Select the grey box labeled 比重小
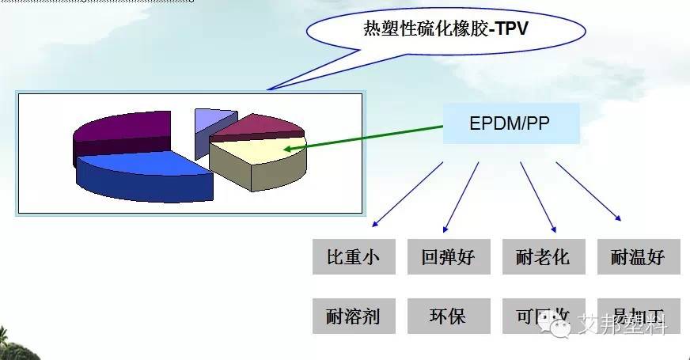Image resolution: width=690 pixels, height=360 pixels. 353,256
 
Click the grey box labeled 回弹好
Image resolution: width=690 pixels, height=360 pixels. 446,256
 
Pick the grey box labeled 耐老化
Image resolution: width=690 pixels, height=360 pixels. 541,256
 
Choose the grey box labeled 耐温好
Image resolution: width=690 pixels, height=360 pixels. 638,256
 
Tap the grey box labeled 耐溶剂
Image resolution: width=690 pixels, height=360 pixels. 353,316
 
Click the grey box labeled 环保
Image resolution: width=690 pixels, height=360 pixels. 446,316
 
